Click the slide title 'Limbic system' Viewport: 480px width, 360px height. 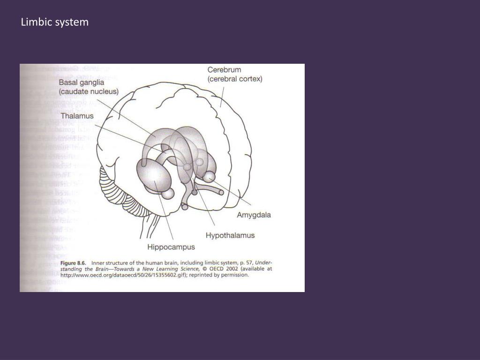coord(54,22)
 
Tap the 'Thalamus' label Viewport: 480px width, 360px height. coord(77,115)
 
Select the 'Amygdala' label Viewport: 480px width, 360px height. coord(254,215)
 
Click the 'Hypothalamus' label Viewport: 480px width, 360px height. coord(230,235)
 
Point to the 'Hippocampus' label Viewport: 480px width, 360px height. coord(171,247)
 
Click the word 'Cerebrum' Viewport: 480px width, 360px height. coord(225,70)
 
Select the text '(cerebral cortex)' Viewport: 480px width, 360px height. coord(235,79)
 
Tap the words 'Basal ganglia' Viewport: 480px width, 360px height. coord(82,82)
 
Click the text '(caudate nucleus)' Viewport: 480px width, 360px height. coord(89,91)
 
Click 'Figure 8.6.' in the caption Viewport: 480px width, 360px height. coord(74,262)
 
